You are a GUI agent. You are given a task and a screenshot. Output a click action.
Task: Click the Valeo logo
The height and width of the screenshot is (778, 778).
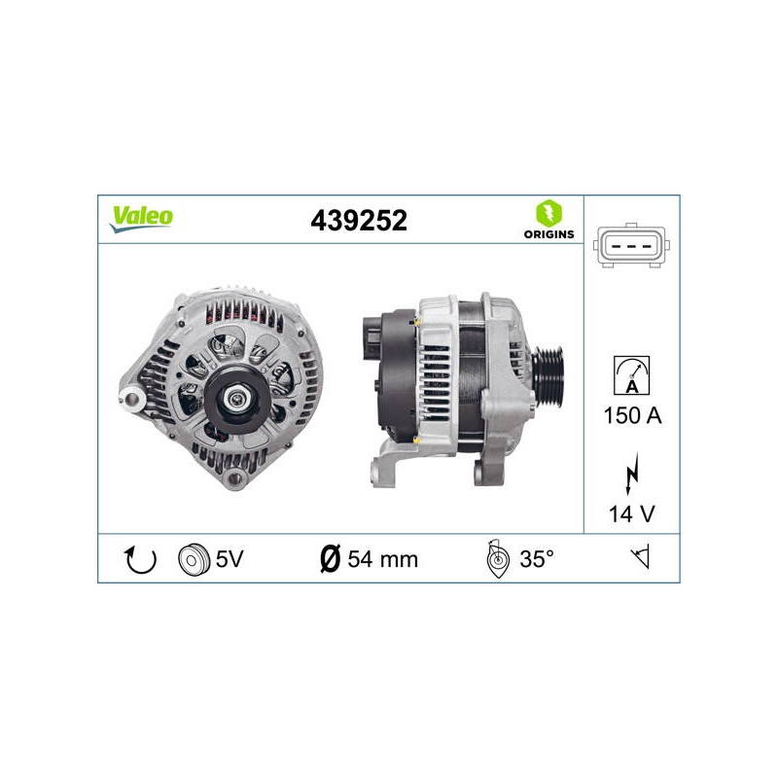coord(141,219)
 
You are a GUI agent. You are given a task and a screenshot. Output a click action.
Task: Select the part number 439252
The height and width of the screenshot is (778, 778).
coord(359,221)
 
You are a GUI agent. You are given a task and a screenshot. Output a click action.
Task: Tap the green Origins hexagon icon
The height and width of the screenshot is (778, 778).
coord(548,214)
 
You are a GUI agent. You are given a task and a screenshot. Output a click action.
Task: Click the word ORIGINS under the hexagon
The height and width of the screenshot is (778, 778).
coord(548,234)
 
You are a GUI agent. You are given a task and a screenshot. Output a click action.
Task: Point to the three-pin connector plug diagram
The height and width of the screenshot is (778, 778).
coord(631,246)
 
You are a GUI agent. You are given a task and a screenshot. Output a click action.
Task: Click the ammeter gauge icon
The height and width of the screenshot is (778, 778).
coord(631,375)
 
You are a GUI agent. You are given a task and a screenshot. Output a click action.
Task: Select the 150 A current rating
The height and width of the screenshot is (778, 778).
coord(633,416)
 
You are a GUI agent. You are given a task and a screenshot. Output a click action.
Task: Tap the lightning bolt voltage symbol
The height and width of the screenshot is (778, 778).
coord(631,474)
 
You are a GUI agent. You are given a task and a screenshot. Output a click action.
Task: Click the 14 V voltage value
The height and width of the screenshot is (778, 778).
coord(631,514)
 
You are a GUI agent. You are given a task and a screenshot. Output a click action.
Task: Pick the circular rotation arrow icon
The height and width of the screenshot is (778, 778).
coord(140,560)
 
